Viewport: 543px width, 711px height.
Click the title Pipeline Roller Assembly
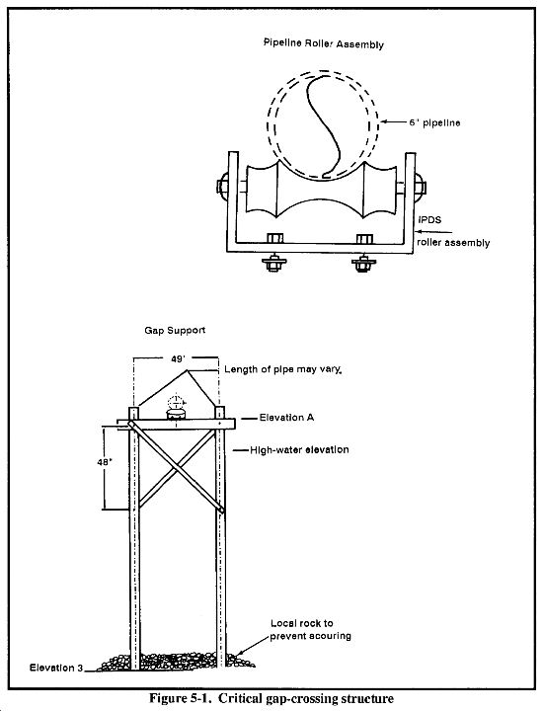pyautogui.click(x=324, y=43)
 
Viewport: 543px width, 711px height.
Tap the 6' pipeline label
pyautogui.click(x=434, y=122)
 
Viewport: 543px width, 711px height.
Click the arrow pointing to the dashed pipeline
pyautogui.click(x=393, y=121)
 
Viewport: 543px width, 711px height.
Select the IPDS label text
pyautogui.click(x=428, y=220)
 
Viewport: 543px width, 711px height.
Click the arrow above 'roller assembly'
pyautogui.click(x=434, y=231)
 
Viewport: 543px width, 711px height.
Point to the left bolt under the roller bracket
pyautogui.click(x=273, y=263)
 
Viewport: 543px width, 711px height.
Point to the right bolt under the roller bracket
pyautogui.click(x=362, y=263)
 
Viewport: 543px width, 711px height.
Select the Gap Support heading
pyautogui.click(x=175, y=330)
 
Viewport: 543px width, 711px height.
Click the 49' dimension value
pyautogui.click(x=178, y=358)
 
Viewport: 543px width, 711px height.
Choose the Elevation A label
pyautogui.click(x=286, y=417)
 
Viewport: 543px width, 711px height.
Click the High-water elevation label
pyautogui.click(x=299, y=450)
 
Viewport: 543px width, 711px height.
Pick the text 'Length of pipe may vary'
pyautogui.click(x=282, y=369)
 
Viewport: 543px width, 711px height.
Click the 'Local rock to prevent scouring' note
pyautogui.click(x=310, y=629)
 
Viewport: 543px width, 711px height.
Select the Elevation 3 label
pyautogui.click(x=56, y=668)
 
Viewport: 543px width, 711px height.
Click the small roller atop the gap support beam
pyautogui.click(x=176, y=414)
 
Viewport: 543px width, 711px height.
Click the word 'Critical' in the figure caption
pyautogui.click(x=239, y=698)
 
